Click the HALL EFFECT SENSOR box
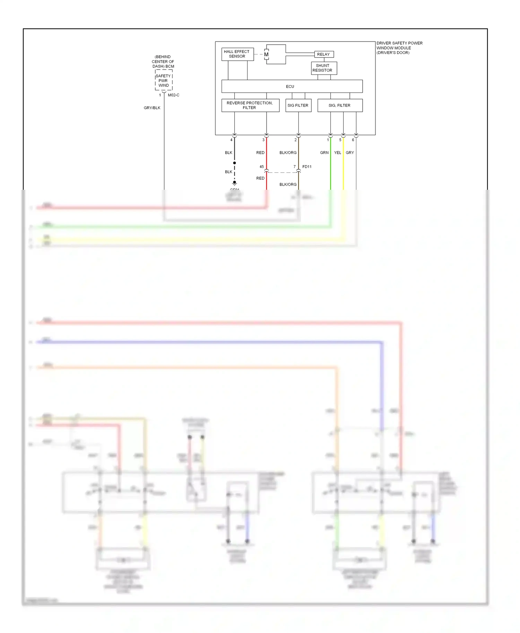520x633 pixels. coord(237,54)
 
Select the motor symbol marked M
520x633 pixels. coord(266,54)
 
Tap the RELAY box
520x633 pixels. coord(324,54)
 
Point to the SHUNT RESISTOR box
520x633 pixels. coord(324,68)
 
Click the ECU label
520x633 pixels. coord(290,87)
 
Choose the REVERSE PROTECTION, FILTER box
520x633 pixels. coord(250,105)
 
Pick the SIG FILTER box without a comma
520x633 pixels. coord(298,105)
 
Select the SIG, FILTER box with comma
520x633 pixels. coord(340,105)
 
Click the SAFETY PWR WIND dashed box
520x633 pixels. coord(164,81)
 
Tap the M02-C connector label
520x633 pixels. coord(174,95)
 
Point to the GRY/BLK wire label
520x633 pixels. coord(152,108)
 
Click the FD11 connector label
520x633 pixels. coord(307,167)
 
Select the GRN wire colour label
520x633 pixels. coord(324,153)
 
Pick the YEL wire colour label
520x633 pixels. coord(338,153)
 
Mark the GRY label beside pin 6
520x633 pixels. coord(350,153)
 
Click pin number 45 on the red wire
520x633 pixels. coord(262,167)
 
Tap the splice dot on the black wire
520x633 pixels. coord(235,163)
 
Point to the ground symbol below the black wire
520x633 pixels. coord(235,183)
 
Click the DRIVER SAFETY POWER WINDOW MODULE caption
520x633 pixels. coord(399,48)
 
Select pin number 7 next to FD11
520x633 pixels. coord(295,167)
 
